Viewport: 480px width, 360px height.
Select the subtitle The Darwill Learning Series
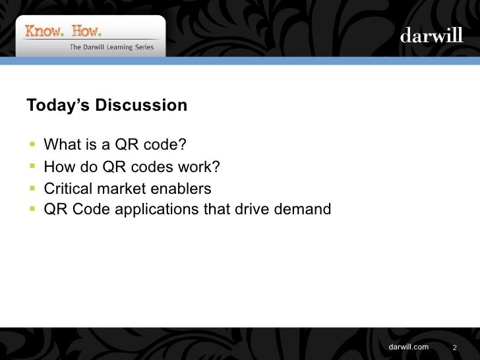pos(111,47)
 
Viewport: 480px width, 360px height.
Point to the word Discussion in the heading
pos(141,105)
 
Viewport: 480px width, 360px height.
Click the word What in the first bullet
pos(61,144)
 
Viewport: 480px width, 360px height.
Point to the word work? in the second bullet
pos(197,167)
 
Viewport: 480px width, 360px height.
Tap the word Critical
pos(68,189)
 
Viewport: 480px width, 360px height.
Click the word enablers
pos(181,189)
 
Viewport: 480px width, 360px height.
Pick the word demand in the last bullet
pos(304,210)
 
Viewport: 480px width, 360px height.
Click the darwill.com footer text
pos(409,347)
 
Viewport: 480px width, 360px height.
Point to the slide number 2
pos(454,348)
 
